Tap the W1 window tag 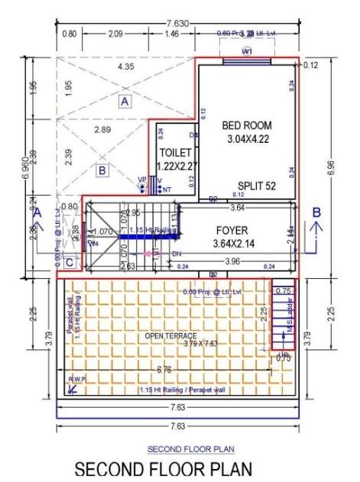pyautogui.click(x=247, y=51)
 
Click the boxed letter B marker pyautogui.click(x=102, y=170)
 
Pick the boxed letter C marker pyautogui.click(x=70, y=264)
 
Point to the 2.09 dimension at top pyautogui.click(x=116, y=34)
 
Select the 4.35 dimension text pyautogui.click(x=125, y=67)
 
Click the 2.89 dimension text pyautogui.click(x=102, y=131)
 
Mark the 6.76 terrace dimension pyautogui.click(x=163, y=369)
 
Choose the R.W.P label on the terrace pyautogui.click(x=77, y=379)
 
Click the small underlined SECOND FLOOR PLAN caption pyautogui.click(x=180, y=448)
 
